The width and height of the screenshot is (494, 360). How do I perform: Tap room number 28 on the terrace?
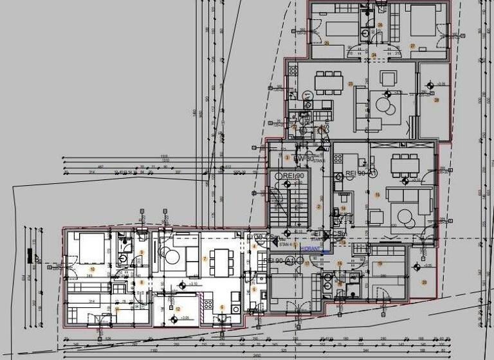coord(437,100)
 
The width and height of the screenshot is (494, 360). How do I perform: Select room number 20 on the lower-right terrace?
coord(424,282)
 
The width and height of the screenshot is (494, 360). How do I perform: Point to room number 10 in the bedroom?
coord(92,269)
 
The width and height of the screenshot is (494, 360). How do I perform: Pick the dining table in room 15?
coord(404,165)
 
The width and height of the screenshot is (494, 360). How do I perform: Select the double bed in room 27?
coord(421,23)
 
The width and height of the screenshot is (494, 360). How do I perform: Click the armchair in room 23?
coord(389,79)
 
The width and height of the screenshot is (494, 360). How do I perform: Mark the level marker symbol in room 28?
coord(430,84)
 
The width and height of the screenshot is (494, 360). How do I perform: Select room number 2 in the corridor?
coord(318,206)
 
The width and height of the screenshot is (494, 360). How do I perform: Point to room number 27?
coord(412,46)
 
